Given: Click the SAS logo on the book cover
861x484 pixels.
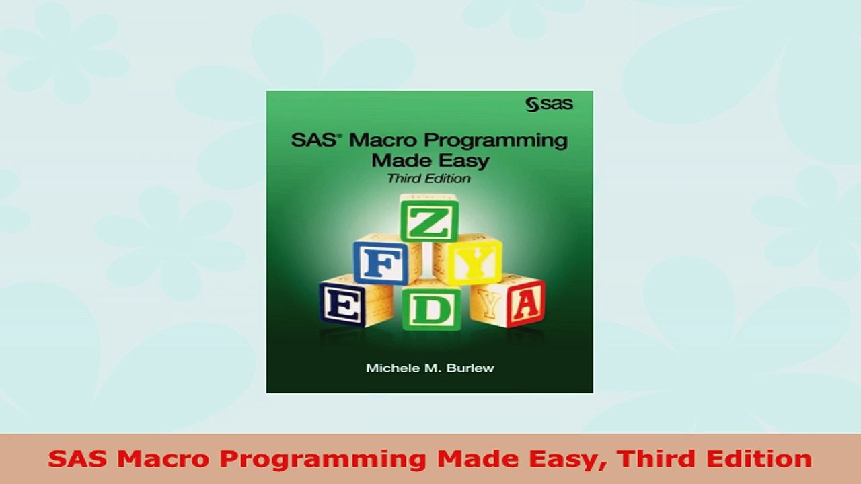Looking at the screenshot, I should pos(549,104).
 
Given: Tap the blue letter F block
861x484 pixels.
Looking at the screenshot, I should pos(380,262).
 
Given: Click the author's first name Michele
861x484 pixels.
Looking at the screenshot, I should pos(390,368).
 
